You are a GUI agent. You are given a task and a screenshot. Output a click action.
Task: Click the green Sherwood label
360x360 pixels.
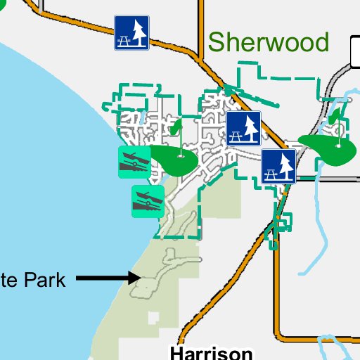point(269,42)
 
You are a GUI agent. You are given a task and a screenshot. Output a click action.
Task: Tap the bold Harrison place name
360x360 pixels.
point(211,352)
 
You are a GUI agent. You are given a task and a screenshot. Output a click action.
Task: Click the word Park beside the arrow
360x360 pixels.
point(44,280)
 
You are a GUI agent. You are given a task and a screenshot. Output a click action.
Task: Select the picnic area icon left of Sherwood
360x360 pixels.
point(131,33)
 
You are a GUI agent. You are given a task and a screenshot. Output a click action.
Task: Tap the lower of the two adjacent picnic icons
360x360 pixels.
point(278,166)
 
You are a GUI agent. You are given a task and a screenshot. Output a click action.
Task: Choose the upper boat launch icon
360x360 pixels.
point(134,162)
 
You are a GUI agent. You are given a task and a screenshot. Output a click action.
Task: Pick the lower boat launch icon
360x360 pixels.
point(148,201)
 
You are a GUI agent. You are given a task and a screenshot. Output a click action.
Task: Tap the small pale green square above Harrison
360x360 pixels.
point(153,319)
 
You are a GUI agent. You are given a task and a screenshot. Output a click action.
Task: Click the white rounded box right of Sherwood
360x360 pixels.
point(355,49)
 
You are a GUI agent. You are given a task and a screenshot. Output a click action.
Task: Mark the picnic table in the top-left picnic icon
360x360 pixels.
point(124,39)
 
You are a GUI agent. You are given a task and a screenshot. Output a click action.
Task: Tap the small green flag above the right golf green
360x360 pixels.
point(337,115)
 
